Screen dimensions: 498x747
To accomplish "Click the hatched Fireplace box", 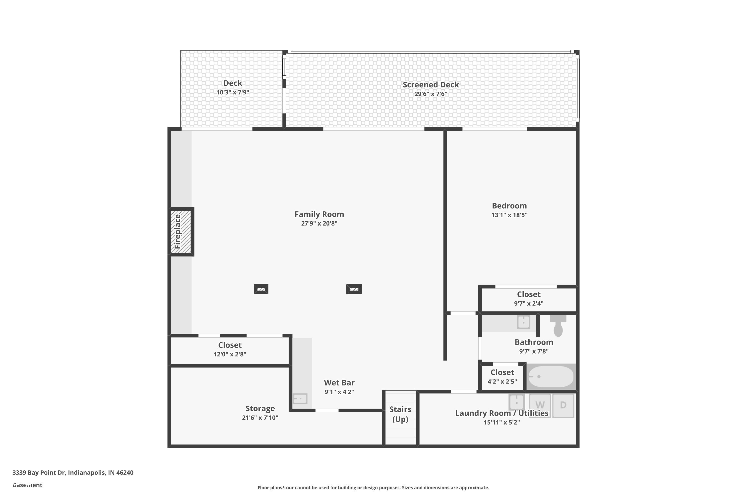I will pos(181,232).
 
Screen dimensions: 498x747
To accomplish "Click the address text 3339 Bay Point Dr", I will pos(73,473).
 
